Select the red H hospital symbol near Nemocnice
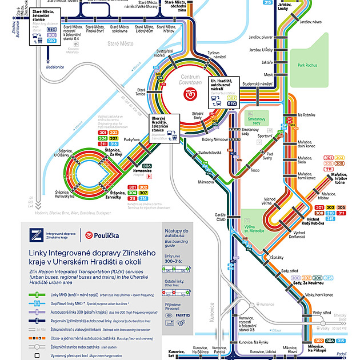coord(150,177)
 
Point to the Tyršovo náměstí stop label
coord(215,55)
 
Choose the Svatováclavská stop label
coord(210,153)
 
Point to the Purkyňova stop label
coord(132,139)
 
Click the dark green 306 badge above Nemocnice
coord(147,166)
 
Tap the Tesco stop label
coord(255,170)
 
